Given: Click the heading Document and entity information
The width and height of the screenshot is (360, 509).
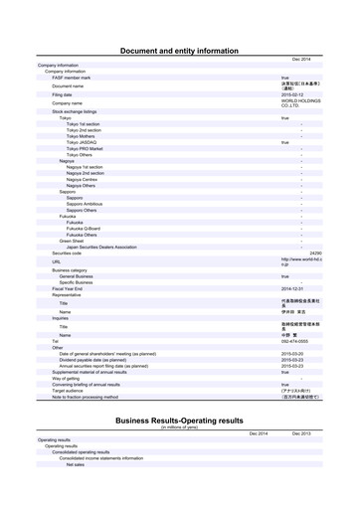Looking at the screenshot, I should (x=179, y=49).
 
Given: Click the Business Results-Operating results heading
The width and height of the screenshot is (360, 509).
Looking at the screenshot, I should (x=179, y=421).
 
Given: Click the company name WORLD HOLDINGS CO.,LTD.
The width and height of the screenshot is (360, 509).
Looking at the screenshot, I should (x=299, y=102).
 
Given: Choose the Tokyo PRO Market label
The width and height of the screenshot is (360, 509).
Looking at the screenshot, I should (x=90, y=148).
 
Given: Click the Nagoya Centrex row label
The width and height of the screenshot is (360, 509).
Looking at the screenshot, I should (x=86, y=178).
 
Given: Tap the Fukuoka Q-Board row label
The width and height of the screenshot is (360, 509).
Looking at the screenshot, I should (x=89, y=228).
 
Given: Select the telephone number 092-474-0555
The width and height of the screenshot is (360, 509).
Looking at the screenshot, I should (x=296, y=341).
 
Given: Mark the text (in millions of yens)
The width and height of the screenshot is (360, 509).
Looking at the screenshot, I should (x=180, y=427).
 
